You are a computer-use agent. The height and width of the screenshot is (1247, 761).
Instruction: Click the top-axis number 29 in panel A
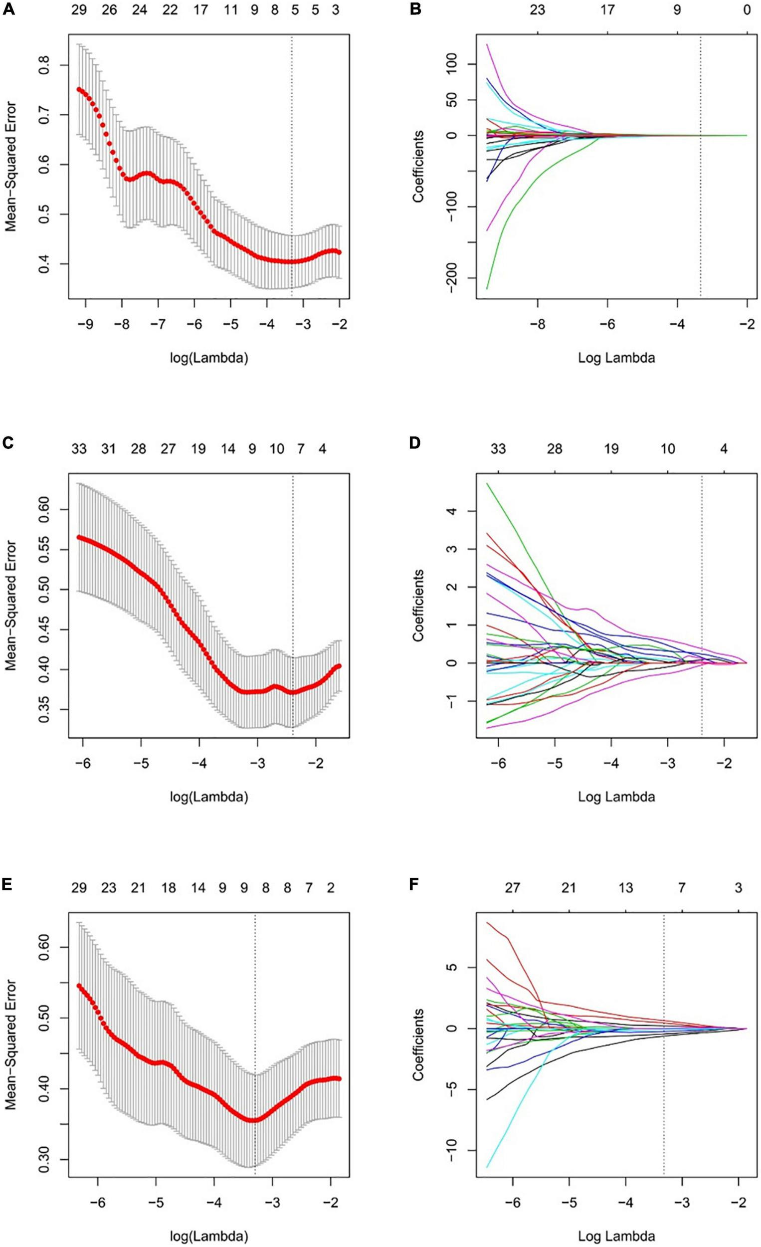coord(78,9)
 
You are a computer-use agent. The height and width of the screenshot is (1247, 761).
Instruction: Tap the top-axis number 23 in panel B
coord(538,9)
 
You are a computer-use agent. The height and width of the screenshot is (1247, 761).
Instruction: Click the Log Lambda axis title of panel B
coord(616,358)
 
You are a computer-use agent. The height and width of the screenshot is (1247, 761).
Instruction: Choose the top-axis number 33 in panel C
coord(78,448)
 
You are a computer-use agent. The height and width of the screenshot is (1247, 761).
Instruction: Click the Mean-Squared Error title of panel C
coord(11,606)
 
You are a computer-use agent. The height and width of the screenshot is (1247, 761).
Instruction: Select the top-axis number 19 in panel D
coord(611,448)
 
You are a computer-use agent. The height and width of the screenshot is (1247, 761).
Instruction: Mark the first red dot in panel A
coord(79,89)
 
